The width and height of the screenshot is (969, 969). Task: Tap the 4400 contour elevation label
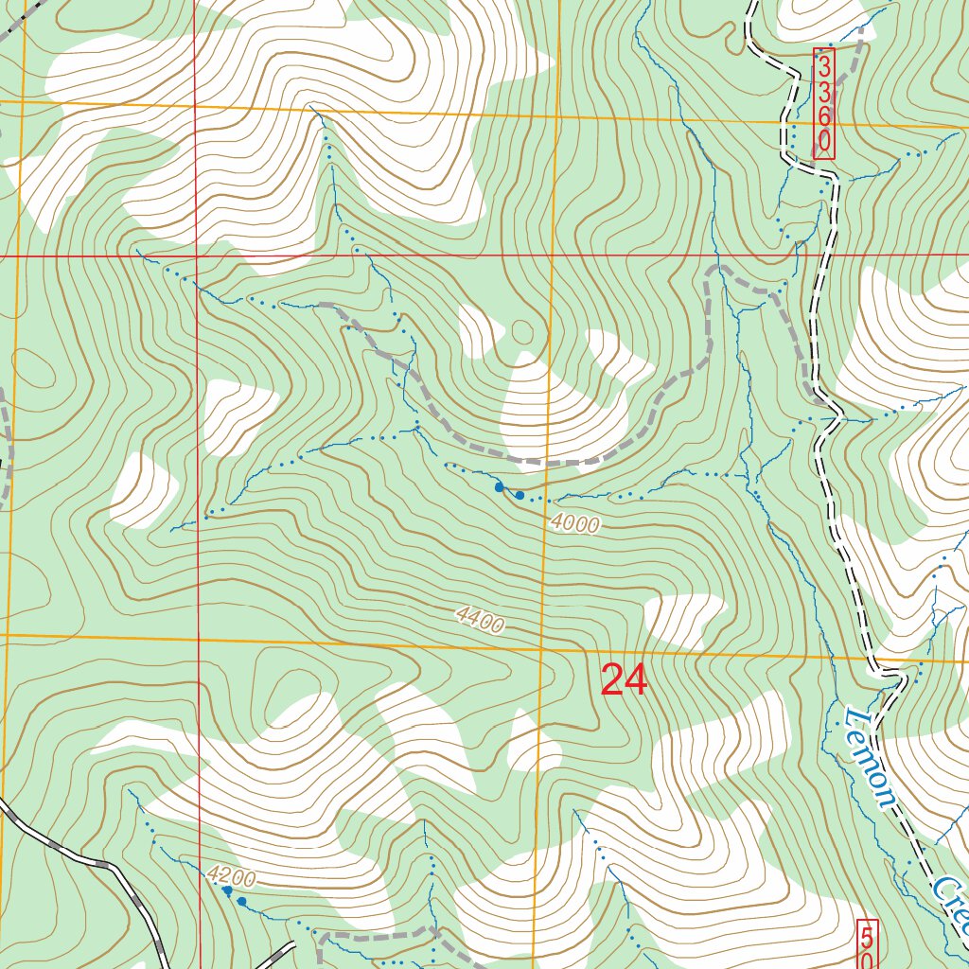click(x=480, y=620)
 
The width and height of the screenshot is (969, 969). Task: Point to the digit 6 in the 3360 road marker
click(x=824, y=115)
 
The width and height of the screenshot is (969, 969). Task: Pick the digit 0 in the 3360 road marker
click(x=824, y=142)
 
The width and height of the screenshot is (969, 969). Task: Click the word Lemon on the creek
click(x=869, y=757)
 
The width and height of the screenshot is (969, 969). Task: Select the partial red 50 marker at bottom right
click(x=868, y=943)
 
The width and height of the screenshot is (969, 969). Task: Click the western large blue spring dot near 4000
click(x=499, y=487)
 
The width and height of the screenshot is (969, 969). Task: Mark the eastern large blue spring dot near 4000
click(x=520, y=495)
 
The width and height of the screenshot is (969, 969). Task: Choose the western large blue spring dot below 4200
click(x=227, y=890)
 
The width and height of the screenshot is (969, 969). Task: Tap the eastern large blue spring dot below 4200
click(x=242, y=902)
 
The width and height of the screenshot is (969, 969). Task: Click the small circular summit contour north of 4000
click(x=523, y=332)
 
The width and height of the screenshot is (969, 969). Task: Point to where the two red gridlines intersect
click(x=197, y=255)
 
